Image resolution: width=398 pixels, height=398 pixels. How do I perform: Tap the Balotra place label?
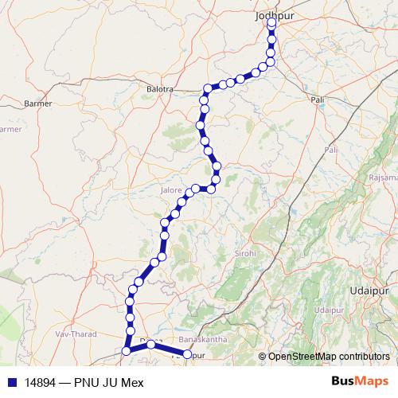(160, 89)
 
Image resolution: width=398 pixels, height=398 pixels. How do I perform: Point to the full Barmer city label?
(38, 103)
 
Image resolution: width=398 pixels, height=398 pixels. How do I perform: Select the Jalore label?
(172, 191)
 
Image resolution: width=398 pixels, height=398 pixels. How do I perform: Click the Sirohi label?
(244, 253)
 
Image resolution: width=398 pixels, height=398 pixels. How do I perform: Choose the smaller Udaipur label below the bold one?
(328, 309)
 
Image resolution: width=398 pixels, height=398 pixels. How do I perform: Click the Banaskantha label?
(204, 339)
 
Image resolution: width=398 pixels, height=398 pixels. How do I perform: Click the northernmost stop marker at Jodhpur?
(271, 22)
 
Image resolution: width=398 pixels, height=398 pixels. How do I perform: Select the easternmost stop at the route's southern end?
(188, 354)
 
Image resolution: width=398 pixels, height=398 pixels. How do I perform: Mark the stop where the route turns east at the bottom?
(126, 351)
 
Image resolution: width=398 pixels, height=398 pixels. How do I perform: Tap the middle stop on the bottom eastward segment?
(150, 344)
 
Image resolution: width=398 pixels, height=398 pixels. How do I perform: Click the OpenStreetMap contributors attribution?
(329, 356)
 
